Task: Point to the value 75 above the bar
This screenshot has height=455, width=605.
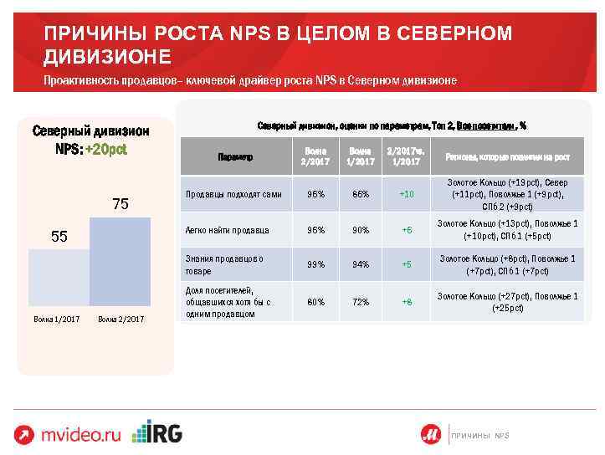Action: [120, 204]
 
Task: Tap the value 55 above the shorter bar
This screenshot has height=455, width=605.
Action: [59, 237]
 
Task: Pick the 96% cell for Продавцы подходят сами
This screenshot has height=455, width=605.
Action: [315, 194]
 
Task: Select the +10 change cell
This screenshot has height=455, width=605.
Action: [407, 194]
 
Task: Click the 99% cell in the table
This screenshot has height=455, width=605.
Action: [315, 265]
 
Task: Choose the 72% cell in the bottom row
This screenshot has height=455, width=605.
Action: [361, 302]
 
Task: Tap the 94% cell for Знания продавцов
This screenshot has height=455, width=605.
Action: [361, 265]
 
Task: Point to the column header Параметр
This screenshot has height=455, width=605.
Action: [235, 157]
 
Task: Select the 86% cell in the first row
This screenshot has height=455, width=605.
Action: [361, 194]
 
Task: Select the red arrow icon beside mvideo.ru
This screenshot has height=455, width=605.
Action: [24, 434]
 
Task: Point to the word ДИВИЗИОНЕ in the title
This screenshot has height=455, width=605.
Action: [108, 56]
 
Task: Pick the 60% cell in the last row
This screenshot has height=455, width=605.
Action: [315, 302]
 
